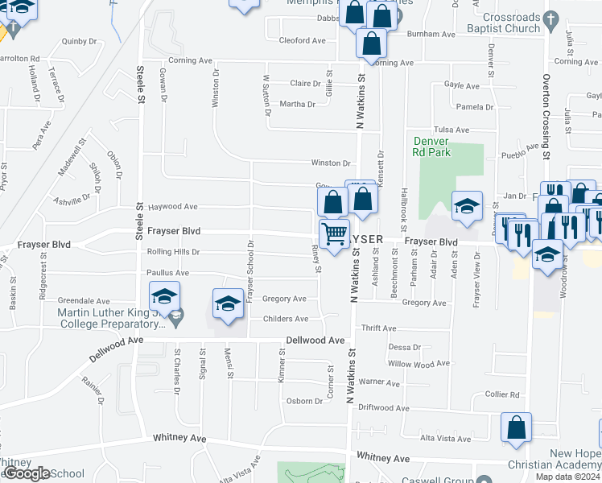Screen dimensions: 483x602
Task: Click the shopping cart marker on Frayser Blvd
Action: point(334,233)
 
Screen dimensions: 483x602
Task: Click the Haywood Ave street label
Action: point(172,206)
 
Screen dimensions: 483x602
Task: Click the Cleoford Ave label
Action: point(302,40)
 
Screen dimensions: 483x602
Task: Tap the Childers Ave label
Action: point(286,319)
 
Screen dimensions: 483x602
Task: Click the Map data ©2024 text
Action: point(567,477)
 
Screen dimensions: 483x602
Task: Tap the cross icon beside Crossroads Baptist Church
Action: point(551,19)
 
